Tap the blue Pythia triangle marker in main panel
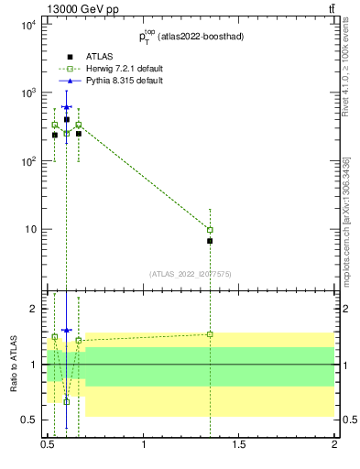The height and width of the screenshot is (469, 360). click(x=66, y=107)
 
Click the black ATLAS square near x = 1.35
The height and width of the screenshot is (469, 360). click(x=210, y=241)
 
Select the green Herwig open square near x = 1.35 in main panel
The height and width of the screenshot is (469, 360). click(x=210, y=230)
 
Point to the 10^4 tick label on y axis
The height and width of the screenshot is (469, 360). click(x=28, y=26)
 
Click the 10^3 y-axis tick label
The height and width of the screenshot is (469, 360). click(x=28, y=93)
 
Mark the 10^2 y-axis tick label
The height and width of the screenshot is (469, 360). click(x=28, y=161)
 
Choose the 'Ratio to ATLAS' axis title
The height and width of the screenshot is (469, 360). click(x=13, y=364)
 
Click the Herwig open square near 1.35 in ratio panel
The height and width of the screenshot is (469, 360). click(x=210, y=334)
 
